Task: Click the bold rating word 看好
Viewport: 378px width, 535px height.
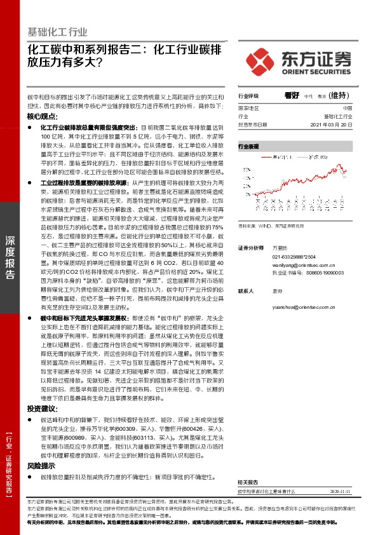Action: [292, 95]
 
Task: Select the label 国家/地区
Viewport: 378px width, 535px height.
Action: [248, 109]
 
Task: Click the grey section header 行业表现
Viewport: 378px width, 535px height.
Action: [248, 147]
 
